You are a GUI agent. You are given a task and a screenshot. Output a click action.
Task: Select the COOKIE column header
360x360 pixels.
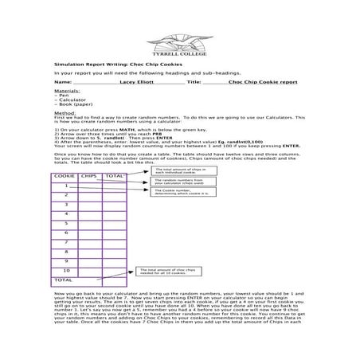(x=64, y=175)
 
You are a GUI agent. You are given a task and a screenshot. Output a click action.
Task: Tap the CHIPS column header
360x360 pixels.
(x=89, y=175)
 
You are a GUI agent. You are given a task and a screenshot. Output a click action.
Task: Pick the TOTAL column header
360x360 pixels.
(x=115, y=175)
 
